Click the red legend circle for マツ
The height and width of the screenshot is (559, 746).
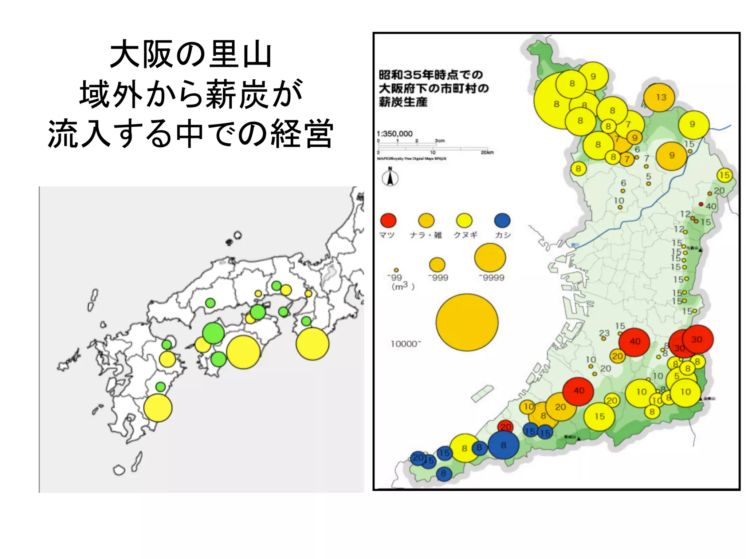[x=388, y=221]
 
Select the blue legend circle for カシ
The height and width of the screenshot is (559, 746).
[x=502, y=221]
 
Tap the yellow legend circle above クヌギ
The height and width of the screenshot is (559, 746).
[x=464, y=221]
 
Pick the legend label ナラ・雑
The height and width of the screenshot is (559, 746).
[x=426, y=235]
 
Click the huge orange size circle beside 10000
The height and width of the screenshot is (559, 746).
[x=467, y=322]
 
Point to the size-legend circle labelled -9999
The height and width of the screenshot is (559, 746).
[x=490, y=258]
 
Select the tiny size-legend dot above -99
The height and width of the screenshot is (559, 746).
[x=396, y=270]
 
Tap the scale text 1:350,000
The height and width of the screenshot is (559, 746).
[x=394, y=134]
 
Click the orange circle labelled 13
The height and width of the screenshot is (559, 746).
[x=659, y=97]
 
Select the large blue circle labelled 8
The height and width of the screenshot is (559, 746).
[x=503, y=445]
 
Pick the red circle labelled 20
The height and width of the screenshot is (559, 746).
[x=506, y=427]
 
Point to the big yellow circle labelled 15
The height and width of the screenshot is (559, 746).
[x=599, y=417]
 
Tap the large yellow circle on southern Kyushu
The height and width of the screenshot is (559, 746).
[x=158, y=408]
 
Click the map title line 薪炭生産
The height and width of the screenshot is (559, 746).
[x=403, y=102]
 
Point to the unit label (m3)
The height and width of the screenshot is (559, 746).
[x=403, y=287]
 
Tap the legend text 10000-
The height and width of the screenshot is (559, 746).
[x=405, y=344]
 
